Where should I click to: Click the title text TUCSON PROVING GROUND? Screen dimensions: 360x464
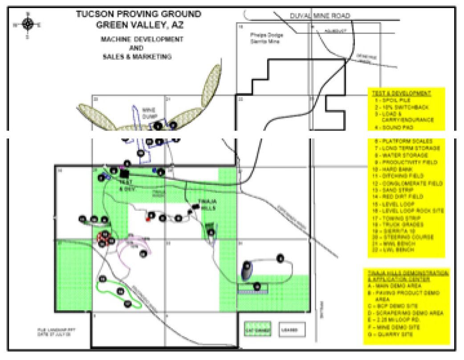pyautogui.click(x=138, y=14)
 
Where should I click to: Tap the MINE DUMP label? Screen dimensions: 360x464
pyautogui.click(x=148, y=111)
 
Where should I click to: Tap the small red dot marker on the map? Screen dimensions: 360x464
pyautogui.click(x=147, y=220)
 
